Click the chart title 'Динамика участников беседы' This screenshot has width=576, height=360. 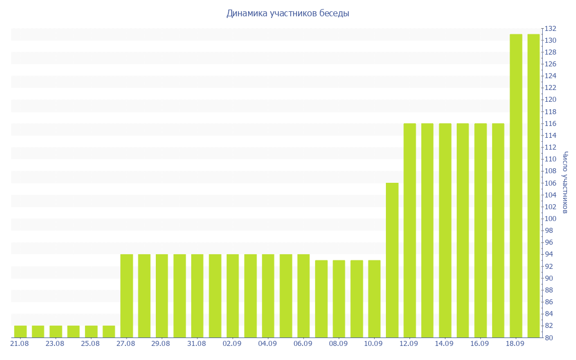point(287,13)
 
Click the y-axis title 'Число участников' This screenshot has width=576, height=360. point(565,182)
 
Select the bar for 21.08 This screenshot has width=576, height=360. point(20,332)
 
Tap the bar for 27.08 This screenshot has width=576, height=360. point(127,296)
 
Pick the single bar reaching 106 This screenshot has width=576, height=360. point(392,260)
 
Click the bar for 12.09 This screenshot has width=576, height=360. point(410,231)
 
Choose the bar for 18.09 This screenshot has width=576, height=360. point(516,186)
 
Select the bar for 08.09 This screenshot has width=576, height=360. point(339,299)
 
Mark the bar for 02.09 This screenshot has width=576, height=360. point(233,296)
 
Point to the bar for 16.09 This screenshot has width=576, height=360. point(481,231)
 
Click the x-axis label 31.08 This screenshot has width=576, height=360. point(196,344)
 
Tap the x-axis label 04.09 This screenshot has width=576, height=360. point(267,344)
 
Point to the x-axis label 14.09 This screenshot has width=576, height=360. point(444,344)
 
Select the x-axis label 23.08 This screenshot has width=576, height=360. point(55,344)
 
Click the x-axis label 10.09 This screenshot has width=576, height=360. point(373,344)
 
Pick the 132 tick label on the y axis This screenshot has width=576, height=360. point(551,29)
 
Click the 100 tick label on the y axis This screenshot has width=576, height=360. point(551,219)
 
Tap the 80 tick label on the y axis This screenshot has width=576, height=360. point(549,337)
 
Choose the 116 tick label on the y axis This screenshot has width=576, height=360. point(551,124)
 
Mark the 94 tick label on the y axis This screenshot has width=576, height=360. point(549,254)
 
